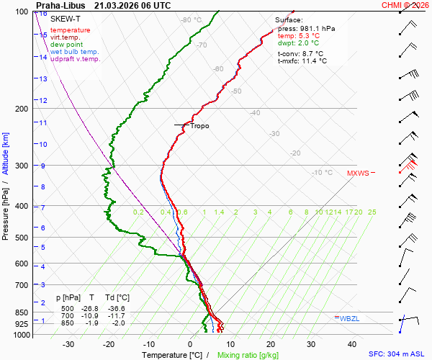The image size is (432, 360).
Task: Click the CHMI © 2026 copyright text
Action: click(x=405, y=5)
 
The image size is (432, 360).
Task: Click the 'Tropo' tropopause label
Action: click(x=199, y=126)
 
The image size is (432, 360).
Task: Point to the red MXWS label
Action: click(x=358, y=173)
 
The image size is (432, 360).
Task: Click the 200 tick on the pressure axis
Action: click(x=22, y=109)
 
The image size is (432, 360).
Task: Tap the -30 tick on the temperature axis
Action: click(x=68, y=344)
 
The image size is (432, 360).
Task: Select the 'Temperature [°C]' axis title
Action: click(x=172, y=354)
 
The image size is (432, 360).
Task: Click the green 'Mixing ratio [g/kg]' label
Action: click(x=248, y=354)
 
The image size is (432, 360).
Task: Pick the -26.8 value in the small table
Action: click(x=91, y=308)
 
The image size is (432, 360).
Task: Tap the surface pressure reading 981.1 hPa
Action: click(x=318, y=29)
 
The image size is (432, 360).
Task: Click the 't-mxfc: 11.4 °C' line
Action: click(x=302, y=61)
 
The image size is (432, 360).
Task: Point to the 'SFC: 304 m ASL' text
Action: click(x=397, y=354)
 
